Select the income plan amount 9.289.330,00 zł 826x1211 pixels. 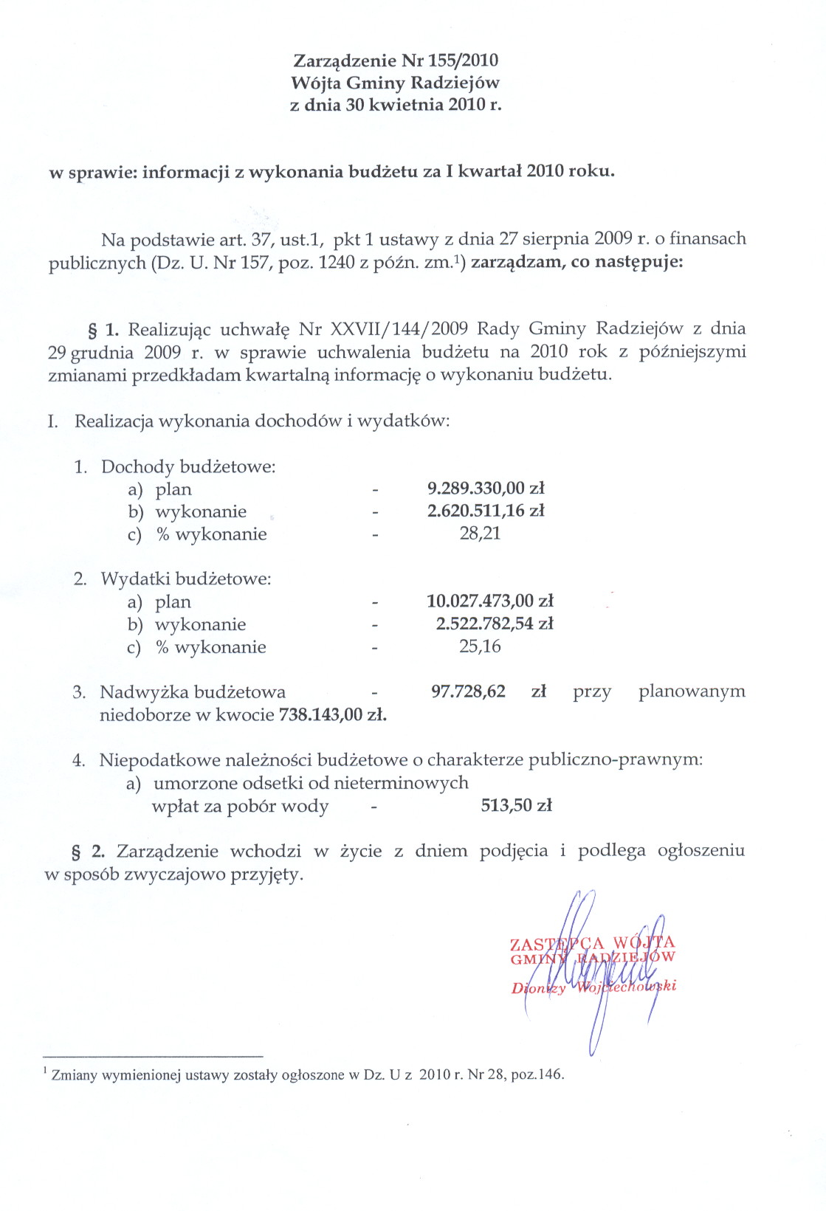click(486, 489)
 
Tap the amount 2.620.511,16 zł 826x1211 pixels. click(486, 511)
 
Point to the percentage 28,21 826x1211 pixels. click(480, 534)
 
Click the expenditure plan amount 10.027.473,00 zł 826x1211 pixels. click(490, 601)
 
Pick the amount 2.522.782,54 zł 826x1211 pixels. click(495, 624)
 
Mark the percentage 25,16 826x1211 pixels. click(480, 646)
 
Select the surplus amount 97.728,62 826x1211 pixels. click(468, 691)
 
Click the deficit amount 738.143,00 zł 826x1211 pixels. click(332, 714)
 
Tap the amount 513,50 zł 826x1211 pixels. click(516, 805)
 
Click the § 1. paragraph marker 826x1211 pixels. click(103, 328)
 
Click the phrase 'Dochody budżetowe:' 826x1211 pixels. click(188, 466)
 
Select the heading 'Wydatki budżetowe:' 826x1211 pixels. click(186, 579)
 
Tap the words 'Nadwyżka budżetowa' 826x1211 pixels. click(193, 692)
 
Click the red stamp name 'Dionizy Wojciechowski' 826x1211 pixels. click(593, 987)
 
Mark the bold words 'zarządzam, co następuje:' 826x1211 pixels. click(577, 262)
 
